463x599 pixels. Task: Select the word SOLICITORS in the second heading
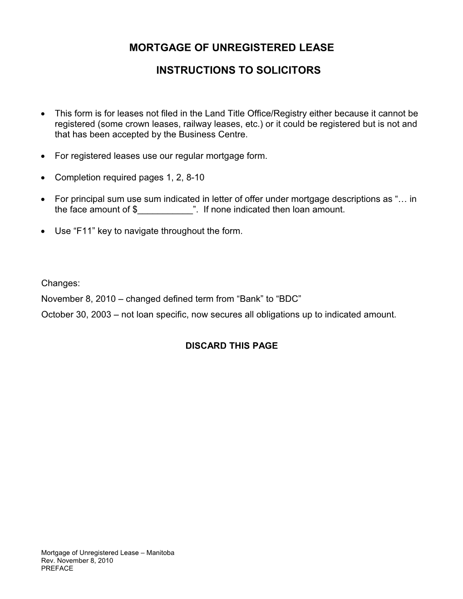coord(290,71)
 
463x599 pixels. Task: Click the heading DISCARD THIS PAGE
coord(231,346)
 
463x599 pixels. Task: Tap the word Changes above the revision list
coord(60,284)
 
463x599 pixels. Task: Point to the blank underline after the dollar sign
coord(165,210)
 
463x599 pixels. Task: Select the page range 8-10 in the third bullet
coord(195,178)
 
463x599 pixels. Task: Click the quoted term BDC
coord(289,299)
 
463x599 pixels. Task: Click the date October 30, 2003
coord(76,314)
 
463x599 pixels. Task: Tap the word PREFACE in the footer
coord(57,569)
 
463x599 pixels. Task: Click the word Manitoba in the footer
coord(160,553)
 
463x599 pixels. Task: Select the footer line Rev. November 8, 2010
coord(77,561)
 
